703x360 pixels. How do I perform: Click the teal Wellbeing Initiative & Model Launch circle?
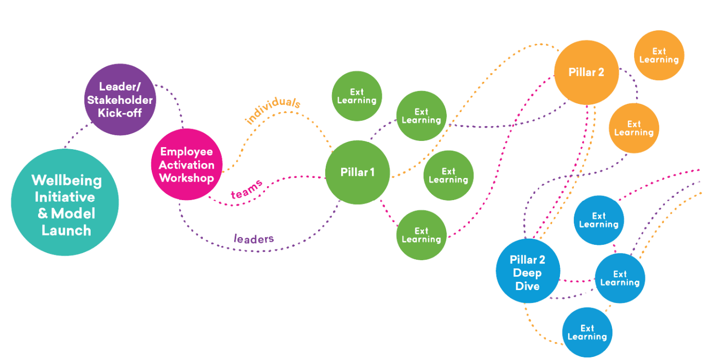click(65, 202)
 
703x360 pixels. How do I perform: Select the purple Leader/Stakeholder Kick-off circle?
click(119, 100)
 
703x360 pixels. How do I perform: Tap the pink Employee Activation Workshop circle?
click(187, 165)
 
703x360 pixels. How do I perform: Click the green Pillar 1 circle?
click(358, 172)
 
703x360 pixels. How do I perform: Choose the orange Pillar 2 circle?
click(586, 73)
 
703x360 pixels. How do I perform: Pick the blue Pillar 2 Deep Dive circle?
click(528, 271)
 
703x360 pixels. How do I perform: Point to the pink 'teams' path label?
click(247, 189)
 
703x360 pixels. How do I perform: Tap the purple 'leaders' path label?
click(254, 239)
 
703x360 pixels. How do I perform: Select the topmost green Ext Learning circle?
click(357, 96)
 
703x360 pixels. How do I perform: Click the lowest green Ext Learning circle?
click(421, 235)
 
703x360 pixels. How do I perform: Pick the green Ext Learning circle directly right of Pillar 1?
click(448, 175)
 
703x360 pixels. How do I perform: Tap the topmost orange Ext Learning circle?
click(659, 56)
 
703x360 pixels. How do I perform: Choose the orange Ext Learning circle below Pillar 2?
click(634, 128)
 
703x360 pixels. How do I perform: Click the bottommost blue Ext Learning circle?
click(587, 332)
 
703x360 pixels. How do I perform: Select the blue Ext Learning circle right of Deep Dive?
click(620, 278)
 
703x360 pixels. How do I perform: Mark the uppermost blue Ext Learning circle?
click(599, 220)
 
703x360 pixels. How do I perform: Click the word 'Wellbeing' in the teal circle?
click(66, 181)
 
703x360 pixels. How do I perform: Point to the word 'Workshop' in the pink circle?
click(186, 178)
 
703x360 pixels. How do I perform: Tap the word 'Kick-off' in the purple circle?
click(119, 112)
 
